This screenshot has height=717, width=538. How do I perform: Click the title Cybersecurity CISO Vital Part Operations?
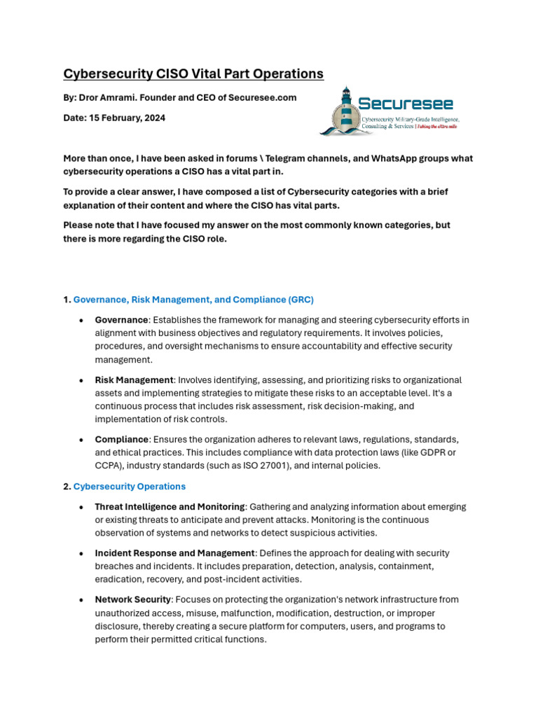point(193,74)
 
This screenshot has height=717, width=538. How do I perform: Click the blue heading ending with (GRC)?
point(193,300)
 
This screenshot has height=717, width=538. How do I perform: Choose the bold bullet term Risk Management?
point(134,380)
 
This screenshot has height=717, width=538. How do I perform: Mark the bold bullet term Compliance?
point(122,439)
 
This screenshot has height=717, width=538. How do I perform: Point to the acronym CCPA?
point(106,466)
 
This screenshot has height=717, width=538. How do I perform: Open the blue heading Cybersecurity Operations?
point(130,486)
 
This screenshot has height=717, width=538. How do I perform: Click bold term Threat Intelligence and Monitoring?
point(170,506)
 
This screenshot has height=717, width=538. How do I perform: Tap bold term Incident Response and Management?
point(174,553)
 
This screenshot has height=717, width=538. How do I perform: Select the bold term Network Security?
point(133,599)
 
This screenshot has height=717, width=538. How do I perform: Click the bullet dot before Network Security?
point(82,600)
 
